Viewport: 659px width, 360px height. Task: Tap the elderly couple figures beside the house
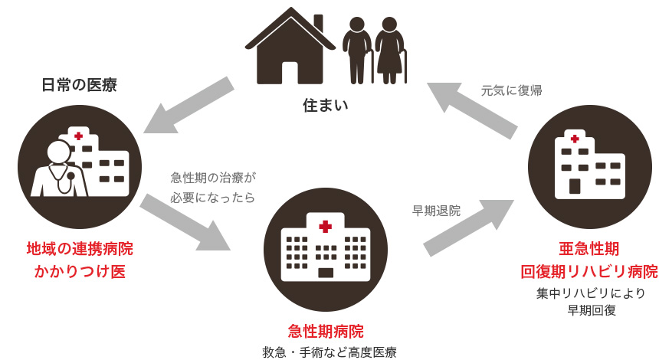point(374,51)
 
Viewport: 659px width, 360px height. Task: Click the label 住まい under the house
point(325,103)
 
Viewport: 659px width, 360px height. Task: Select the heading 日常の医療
point(79,85)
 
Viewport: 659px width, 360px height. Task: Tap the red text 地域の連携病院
point(80,249)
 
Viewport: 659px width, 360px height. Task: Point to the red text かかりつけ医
point(80,272)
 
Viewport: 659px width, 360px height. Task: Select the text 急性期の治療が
point(212,177)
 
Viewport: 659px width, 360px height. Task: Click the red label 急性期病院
point(326,332)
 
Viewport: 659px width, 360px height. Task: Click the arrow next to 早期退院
point(467,227)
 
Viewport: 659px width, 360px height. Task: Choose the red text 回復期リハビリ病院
point(589,271)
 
